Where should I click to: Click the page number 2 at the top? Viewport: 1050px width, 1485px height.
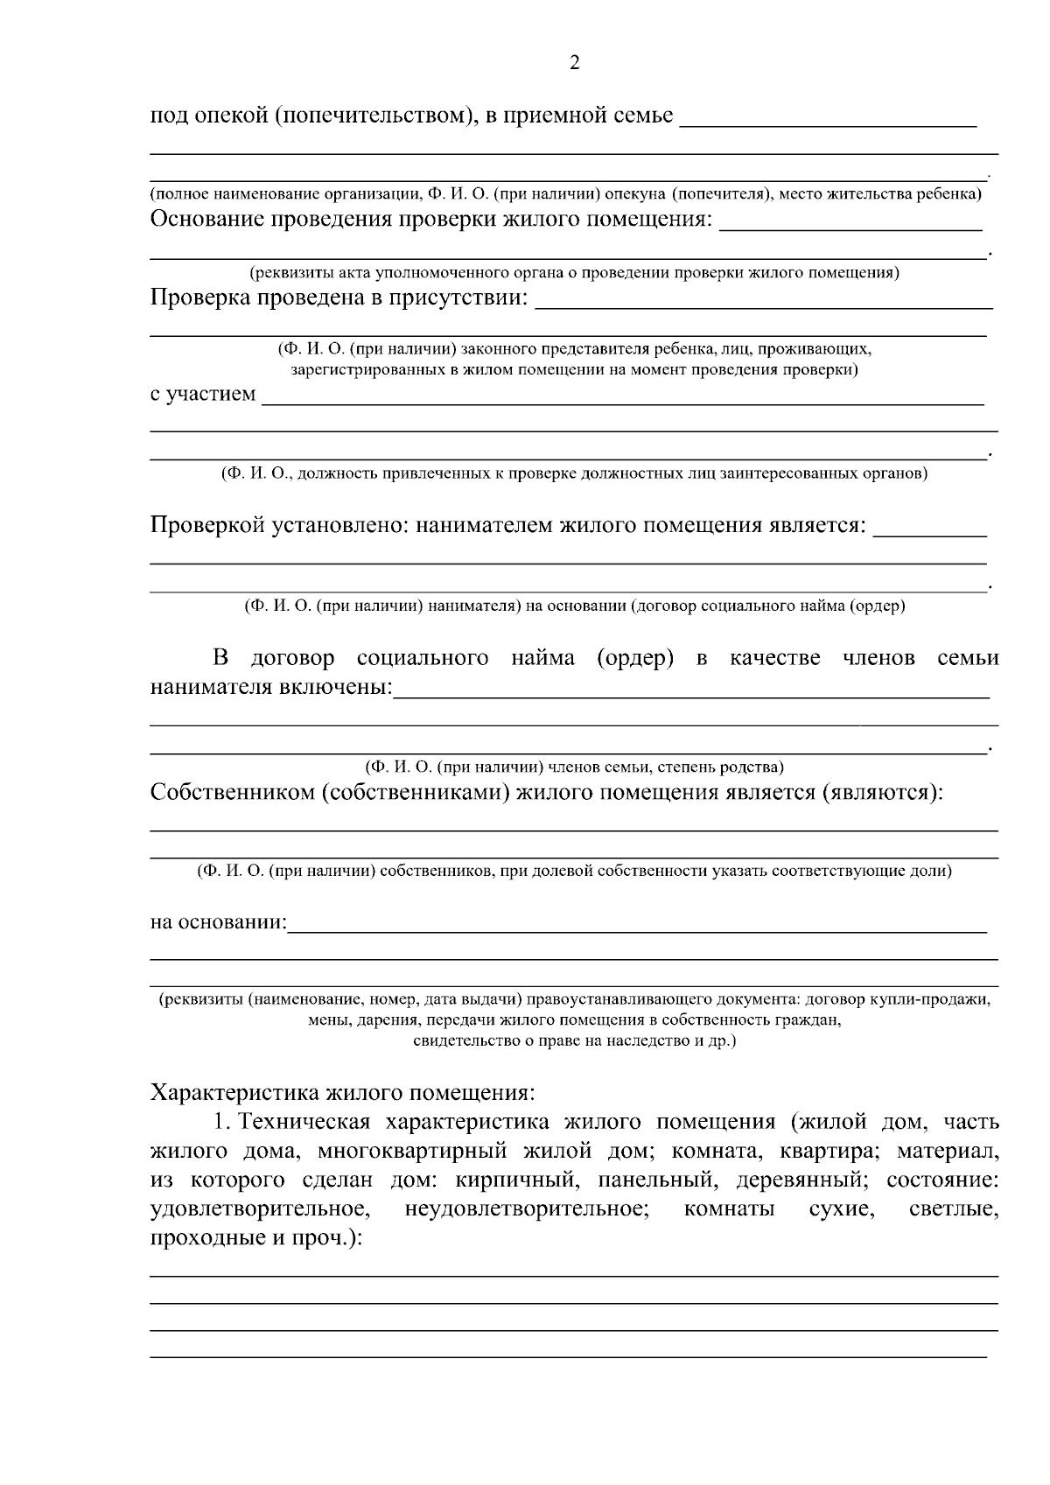[574, 63]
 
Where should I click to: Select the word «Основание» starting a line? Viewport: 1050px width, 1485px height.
[206, 218]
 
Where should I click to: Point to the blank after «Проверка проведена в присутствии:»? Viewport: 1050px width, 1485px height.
[763, 306]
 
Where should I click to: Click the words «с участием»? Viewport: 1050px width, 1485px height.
[203, 394]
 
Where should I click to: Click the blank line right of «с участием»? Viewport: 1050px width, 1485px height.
[623, 403]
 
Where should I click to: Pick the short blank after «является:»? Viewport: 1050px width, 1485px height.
[930, 533]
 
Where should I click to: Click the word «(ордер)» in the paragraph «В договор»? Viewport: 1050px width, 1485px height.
[635, 658]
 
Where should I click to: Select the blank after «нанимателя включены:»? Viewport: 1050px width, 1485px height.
[691, 695]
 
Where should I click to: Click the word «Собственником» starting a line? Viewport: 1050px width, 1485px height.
[232, 793]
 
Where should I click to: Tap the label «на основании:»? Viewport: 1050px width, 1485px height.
[219, 922]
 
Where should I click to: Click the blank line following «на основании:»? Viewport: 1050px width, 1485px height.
[637, 930]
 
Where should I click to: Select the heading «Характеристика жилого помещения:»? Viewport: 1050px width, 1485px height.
[342, 1092]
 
